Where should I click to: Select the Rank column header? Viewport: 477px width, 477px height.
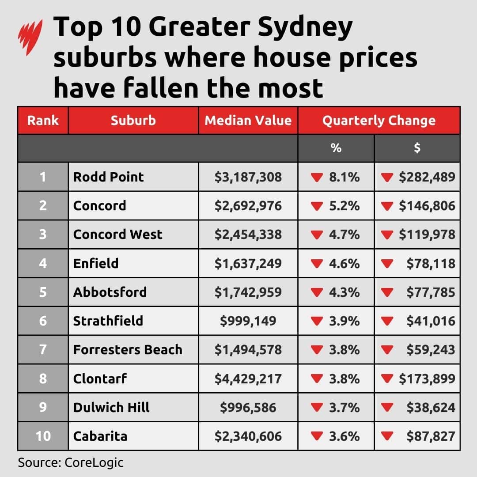pos(43,121)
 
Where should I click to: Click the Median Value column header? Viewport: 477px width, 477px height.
pos(248,121)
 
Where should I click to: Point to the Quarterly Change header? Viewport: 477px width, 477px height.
pos(379,121)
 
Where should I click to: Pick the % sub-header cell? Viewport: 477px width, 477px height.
pos(336,148)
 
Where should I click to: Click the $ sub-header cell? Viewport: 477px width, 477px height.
pos(417,148)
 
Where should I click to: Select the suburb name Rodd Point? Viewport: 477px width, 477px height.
pos(109,177)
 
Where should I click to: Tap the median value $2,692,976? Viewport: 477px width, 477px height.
pos(248,206)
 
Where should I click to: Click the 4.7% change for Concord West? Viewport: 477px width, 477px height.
pos(344,235)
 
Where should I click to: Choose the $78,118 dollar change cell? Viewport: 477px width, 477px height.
pos(431,264)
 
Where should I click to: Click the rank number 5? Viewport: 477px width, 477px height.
pos(43,292)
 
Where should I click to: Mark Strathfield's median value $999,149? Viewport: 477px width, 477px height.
pos(248,321)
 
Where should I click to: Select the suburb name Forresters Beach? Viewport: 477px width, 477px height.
pos(128,350)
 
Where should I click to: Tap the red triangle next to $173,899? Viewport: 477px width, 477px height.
pos(387,379)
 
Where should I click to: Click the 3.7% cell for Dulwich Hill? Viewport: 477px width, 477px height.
pos(344,407)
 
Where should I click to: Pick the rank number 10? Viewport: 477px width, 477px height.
pos(43,436)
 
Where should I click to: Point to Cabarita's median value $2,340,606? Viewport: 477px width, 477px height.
pos(248,436)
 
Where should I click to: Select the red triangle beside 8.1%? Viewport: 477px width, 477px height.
pos(317,178)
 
